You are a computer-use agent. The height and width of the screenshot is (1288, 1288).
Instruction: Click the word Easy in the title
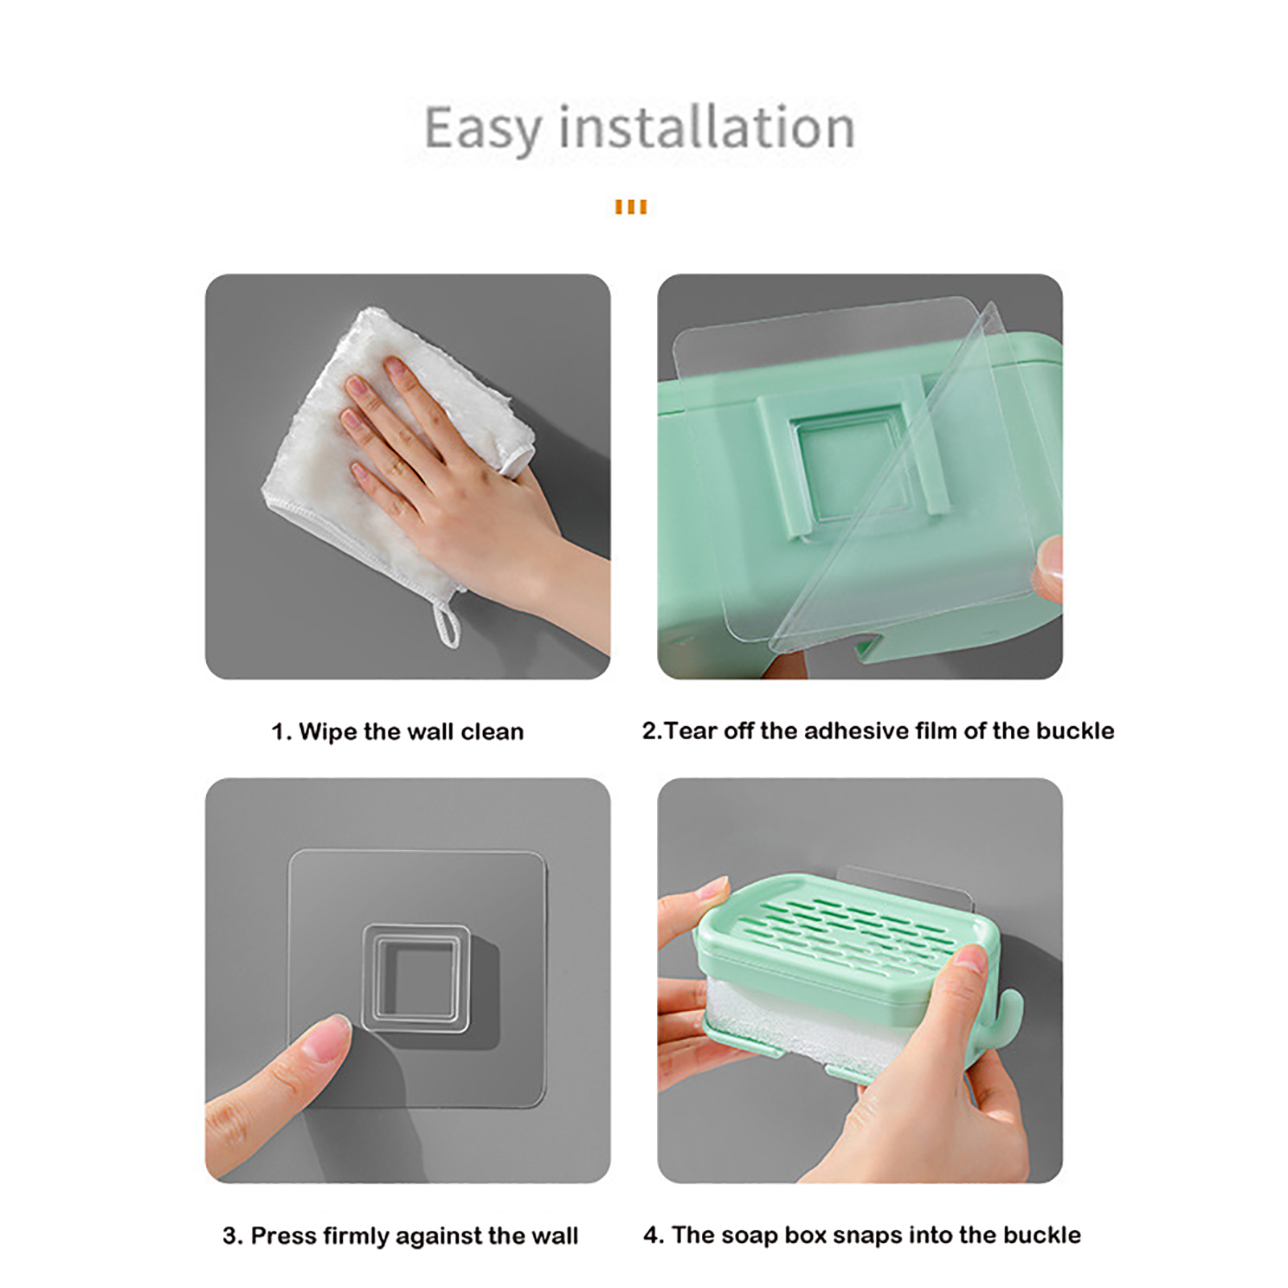coord(483,129)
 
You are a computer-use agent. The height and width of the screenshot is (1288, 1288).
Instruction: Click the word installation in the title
coord(707,126)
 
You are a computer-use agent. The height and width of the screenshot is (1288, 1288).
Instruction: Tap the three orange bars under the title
coord(631,207)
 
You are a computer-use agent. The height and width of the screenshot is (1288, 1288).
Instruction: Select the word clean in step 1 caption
coord(492,732)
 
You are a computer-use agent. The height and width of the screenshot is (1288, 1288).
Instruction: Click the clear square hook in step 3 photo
coord(415,978)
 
